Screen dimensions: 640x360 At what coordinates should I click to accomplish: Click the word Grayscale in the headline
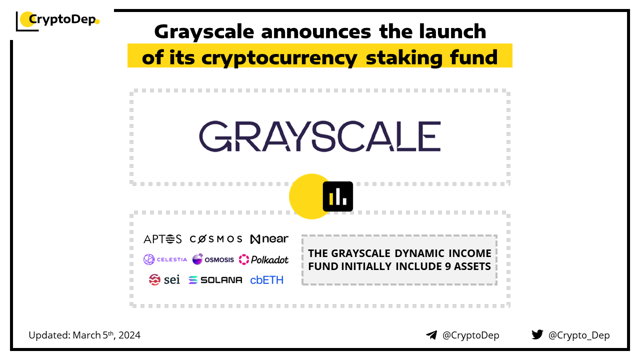pyautogui.click(x=204, y=32)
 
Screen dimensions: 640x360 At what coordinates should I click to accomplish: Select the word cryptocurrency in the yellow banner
pyautogui.click(x=279, y=58)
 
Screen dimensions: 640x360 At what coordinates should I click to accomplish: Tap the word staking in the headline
pyautogui.click(x=404, y=57)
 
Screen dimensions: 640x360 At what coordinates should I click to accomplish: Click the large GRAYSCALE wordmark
pyautogui.click(x=320, y=136)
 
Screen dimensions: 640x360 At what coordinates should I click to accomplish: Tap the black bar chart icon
pyautogui.click(x=337, y=196)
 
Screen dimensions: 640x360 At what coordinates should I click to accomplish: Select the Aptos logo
pyautogui.click(x=162, y=239)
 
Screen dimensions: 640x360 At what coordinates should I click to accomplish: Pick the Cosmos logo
pyautogui.click(x=216, y=239)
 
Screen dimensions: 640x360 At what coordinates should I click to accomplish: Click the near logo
pyautogui.click(x=269, y=239)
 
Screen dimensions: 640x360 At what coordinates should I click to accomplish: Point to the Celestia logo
pyautogui.click(x=165, y=259)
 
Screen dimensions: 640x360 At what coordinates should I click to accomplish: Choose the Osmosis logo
pyautogui.click(x=213, y=259)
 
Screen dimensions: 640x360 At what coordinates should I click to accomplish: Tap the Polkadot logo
pyautogui.click(x=263, y=259)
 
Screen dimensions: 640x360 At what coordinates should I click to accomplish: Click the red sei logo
pyautogui.click(x=164, y=279)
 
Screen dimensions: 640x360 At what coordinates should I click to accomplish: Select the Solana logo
pyautogui.click(x=215, y=280)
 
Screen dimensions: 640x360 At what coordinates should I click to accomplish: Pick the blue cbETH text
pyautogui.click(x=266, y=280)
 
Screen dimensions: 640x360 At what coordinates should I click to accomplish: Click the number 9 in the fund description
pyautogui.click(x=447, y=266)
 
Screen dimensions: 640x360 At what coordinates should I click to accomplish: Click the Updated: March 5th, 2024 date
pyautogui.click(x=84, y=335)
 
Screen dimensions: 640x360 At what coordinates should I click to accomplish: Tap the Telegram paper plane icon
pyautogui.click(x=431, y=335)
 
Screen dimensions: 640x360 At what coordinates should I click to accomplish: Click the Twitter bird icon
pyautogui.click(x=537, y=334)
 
